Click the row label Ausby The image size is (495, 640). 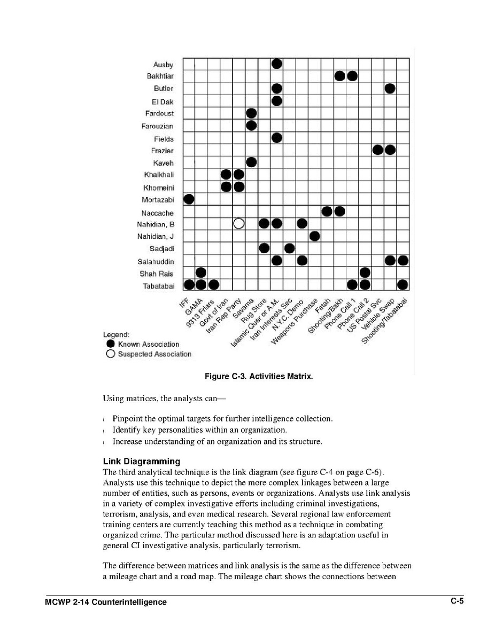point(163,65)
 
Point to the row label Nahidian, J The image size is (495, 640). point(156,237)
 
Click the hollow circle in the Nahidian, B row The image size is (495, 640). point(239,223)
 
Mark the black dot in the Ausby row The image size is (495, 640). point(276,64)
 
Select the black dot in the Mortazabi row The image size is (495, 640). point(189,199)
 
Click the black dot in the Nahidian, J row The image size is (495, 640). point(314,236)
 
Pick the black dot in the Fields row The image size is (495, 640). point(276,138)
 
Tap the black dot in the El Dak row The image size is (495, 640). point(276,100)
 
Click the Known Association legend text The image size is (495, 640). point(149,344)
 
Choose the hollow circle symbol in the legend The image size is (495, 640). point(111,354)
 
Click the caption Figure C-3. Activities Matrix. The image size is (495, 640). point(258,377)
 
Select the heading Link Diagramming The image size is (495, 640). point(141,461)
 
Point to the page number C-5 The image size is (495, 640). point(457,601)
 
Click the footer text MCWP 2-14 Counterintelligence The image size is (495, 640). point(106,602)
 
